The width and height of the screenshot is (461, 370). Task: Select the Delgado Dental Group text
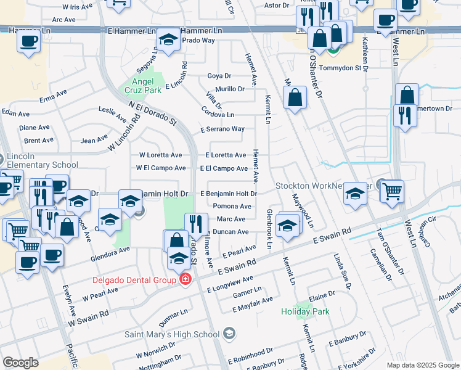[x=135, y=279]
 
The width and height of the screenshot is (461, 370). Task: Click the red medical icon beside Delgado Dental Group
[x=185, y=280]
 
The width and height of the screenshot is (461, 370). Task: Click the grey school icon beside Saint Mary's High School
[x=229, y=335]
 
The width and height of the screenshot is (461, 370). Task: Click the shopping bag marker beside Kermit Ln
[x=295, y=98]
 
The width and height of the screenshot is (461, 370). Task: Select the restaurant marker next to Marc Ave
[x=196, y=225]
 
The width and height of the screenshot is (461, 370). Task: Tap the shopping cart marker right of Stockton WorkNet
[x=392, y=192]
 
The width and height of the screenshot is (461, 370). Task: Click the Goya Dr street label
[x=219, y=76]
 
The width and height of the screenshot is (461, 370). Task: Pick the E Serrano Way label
[x=222, y=129]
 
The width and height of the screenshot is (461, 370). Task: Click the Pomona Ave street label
[x=232, y=206]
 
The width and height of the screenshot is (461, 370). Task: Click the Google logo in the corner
[x=20, y=363]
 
